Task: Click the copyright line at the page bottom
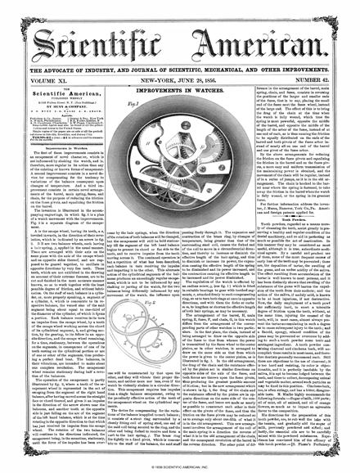180,467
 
